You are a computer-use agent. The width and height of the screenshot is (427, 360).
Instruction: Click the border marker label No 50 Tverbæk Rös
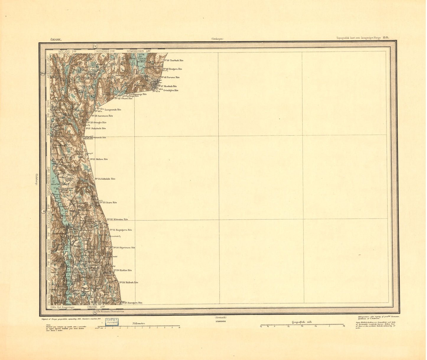pyautogui.click(x=173, y=61)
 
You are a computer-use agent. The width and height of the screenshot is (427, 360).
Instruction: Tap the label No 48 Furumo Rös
pyautogui.click(x=170, y=77)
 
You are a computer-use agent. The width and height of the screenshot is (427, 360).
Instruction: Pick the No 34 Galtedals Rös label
pyautogui.click(x=105, y=179)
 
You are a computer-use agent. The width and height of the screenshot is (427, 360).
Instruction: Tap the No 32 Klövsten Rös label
pyautogui.click(x=117, y=220)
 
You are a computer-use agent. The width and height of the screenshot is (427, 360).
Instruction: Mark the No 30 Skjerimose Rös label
pyautogui.click(x=124, y=248)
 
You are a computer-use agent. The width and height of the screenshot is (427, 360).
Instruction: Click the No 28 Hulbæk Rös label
pyautogui.click(x=129, y=283)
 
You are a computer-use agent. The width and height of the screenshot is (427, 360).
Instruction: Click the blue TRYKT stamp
pyautogui.click(x=112, y=322)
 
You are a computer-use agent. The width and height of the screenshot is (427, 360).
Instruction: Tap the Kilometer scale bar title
pyautogui.click(x=139, y=323)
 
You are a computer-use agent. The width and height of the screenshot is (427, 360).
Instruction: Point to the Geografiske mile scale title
pyautogui.click(x=302, y=322)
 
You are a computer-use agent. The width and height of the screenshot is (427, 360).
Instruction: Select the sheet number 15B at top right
pyautogui.click(x=386, y=38)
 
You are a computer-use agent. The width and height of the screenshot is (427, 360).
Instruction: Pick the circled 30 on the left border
pyautogui.click(x=44, y=211)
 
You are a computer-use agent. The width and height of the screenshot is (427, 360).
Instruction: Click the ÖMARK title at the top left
pyautogui.click(x=56, y=39)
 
